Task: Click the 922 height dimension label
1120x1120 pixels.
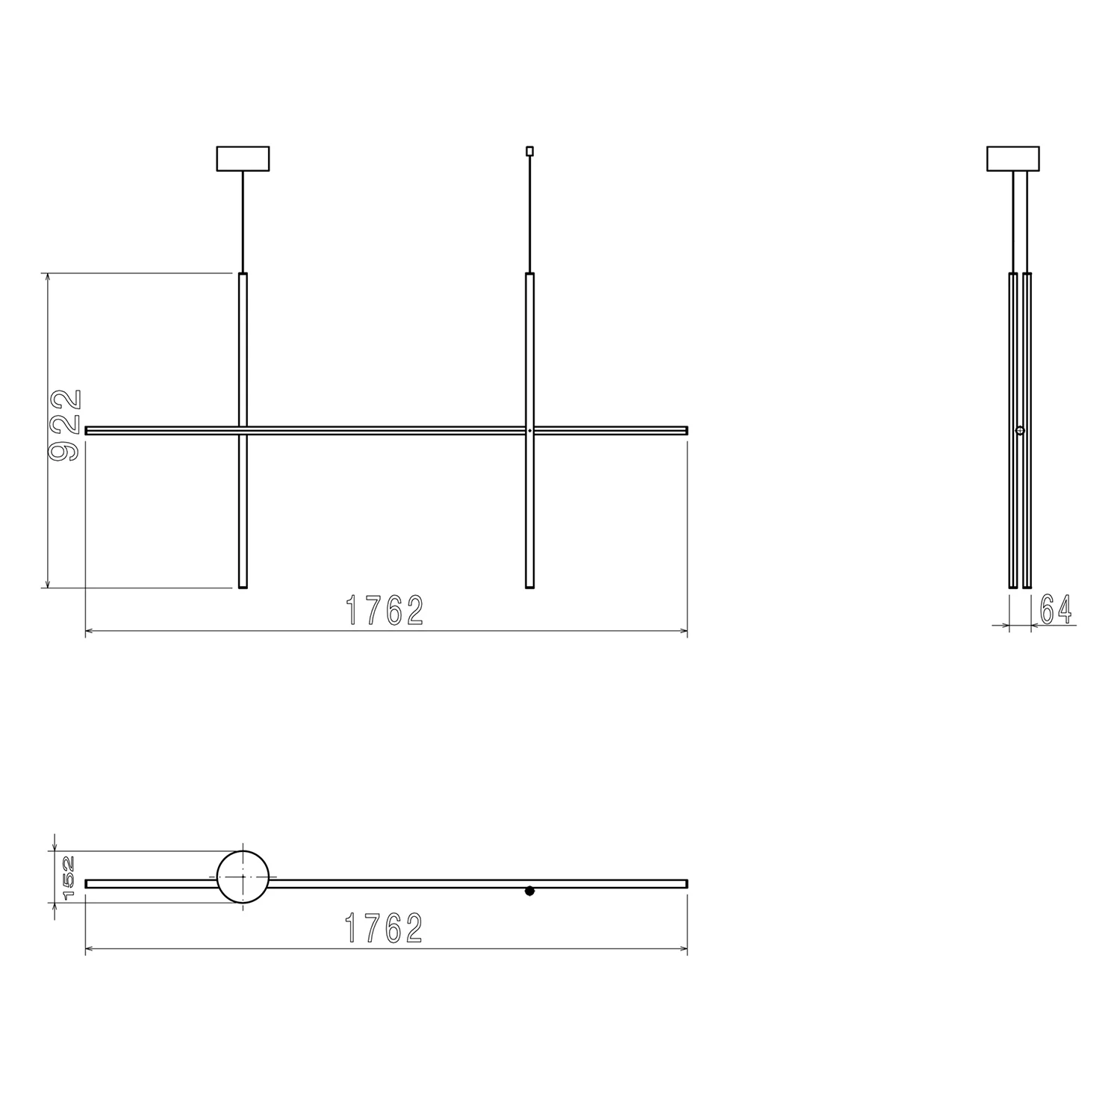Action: (65, 426)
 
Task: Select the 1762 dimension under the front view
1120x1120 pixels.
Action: (385, 611)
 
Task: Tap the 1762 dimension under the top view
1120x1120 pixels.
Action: (385, 928)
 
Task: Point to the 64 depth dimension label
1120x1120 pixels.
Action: (1056, 609)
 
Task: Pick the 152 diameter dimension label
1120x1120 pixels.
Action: (69, 877)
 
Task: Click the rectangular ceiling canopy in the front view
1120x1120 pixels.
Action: (243, 158)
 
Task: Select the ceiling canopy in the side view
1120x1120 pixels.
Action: (1013, 158)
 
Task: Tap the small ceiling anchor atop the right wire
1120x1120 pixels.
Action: (529, 151)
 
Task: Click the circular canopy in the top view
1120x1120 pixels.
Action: (243, 877)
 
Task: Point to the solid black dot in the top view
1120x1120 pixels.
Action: (529, 891)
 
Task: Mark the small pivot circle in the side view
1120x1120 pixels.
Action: (1020, 431)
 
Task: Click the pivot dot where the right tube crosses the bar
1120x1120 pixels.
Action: (529, 431)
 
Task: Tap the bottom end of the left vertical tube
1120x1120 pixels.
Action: (243, 586)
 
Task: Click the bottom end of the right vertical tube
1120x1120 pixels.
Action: (529, 586)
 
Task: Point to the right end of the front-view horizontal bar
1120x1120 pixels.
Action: (685, 430)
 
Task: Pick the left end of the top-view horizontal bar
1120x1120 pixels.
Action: (88, 883)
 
